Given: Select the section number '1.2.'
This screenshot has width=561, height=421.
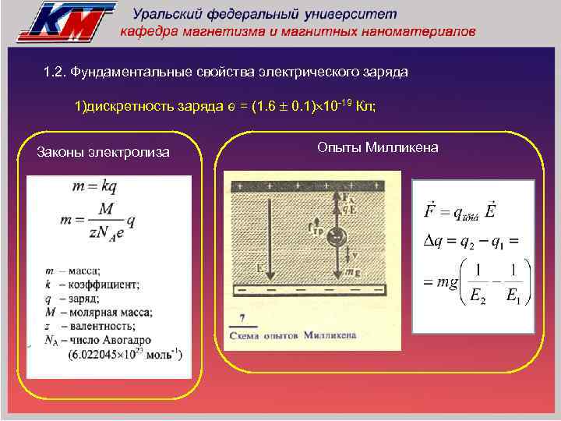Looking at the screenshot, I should pyautogui.click(x=55, y=73).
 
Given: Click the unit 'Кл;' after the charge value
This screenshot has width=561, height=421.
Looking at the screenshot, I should pyautogui.click(x=365, y=107).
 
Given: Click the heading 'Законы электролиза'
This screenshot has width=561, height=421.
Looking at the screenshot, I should pyautogui.click(x=102, y=152).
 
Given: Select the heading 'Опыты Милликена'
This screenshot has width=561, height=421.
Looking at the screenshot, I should pyautogui.click(x=378, y=148).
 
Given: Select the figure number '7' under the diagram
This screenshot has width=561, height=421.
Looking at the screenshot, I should pyautogui.click(x=244, y=317).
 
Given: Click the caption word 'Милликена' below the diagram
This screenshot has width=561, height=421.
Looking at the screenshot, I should pyautogui.click(x=329, y=335).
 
